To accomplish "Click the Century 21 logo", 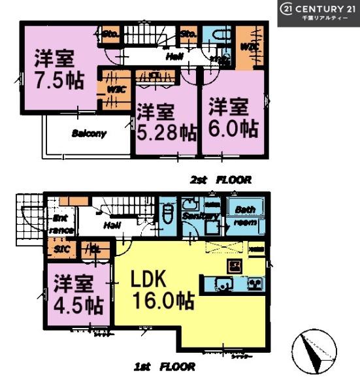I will (318, 13).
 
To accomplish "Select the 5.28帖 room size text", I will (166, 132).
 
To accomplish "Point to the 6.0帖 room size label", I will (233, 127).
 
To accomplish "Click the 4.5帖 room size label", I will (77, 304).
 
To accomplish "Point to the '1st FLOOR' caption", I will (165, 368).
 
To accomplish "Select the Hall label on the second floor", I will (173, 57).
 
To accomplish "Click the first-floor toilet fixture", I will (167, 214).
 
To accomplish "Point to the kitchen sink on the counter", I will (223, 285).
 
